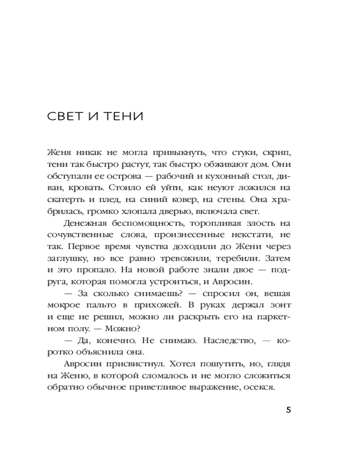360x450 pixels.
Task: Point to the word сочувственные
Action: [73, 234]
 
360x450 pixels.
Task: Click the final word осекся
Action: [259, 387]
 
